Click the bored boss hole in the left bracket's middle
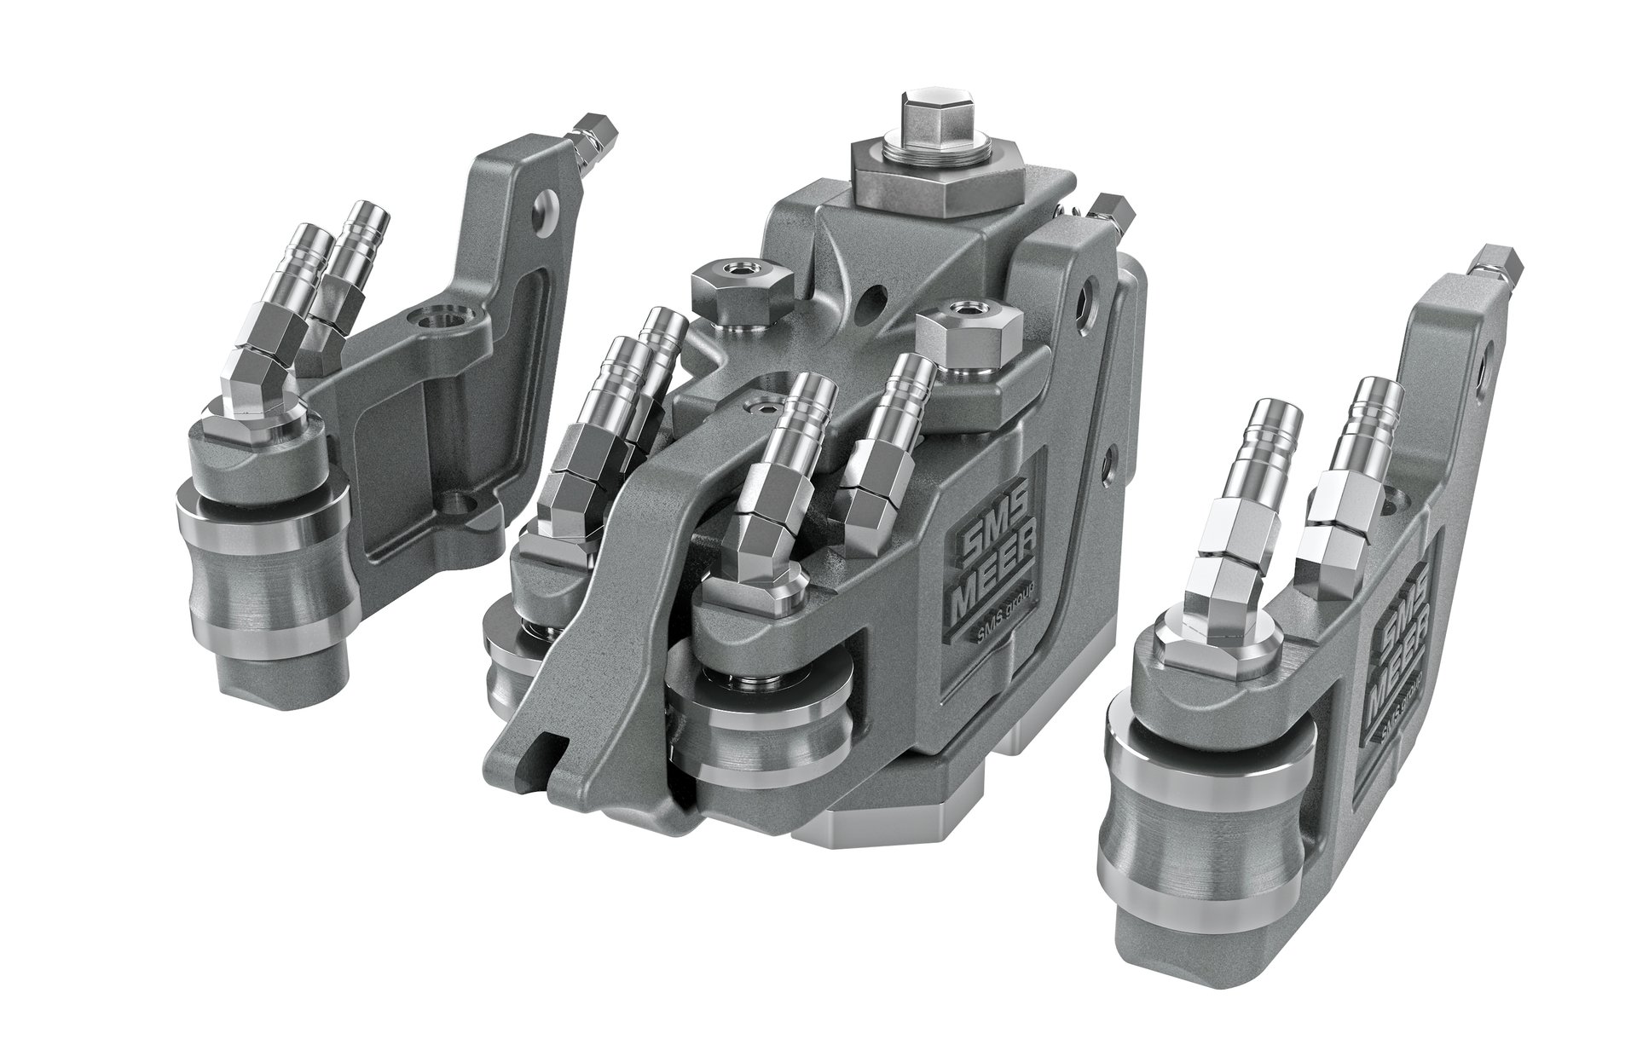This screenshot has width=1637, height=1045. pyautogui.click(x=431, y=322)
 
